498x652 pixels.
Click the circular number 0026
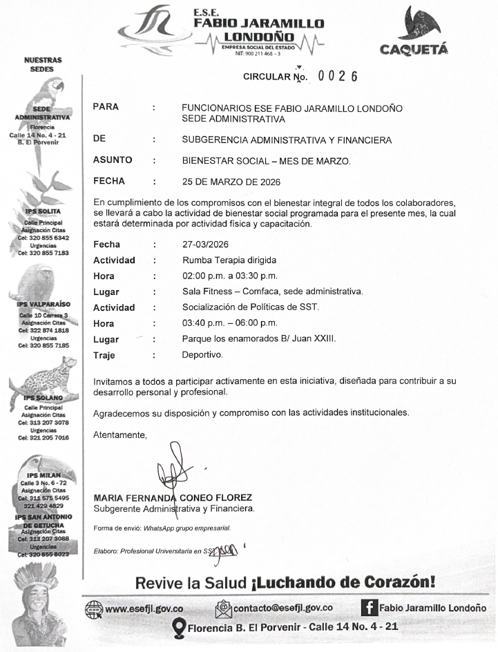tap(338, 76)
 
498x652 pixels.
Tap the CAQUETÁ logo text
tap(414, 48)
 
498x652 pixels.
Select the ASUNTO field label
tap(113, 160)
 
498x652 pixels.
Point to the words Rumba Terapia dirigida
tap(229, 260)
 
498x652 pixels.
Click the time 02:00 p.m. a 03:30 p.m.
tap(229, 276)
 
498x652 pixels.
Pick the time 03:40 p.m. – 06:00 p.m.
tap(229, 323)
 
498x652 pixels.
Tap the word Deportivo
tap(202, 355)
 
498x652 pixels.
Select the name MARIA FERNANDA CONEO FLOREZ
tap(173, 497)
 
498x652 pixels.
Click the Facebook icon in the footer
tap(369, 608)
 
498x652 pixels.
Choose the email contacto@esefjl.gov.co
tap(283, 608)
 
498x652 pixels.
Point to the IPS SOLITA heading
tap(43, 211)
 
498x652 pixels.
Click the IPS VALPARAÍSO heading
tap(44, 304)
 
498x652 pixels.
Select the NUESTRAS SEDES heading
tap(43, 65)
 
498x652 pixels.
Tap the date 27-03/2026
tap(205, 245)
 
